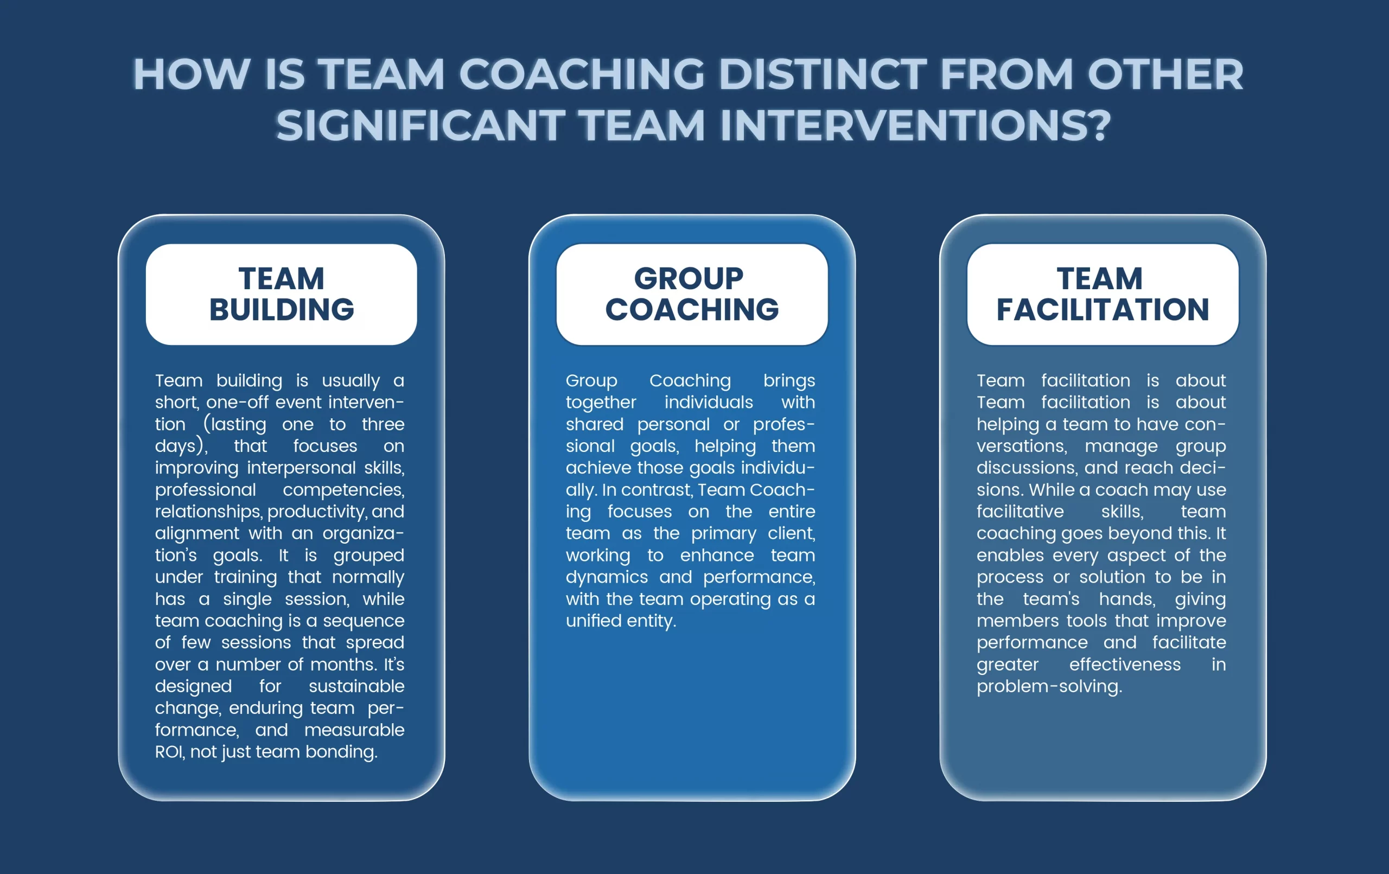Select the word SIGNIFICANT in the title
420,125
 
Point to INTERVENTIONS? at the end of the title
915,125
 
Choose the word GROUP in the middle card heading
689,279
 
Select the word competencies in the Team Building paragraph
344,490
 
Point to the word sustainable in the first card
356,686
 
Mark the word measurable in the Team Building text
354,730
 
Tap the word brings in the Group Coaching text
789,381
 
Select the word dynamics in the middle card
607,577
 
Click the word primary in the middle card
723,534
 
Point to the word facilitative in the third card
1020,511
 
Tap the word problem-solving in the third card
1049,686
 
